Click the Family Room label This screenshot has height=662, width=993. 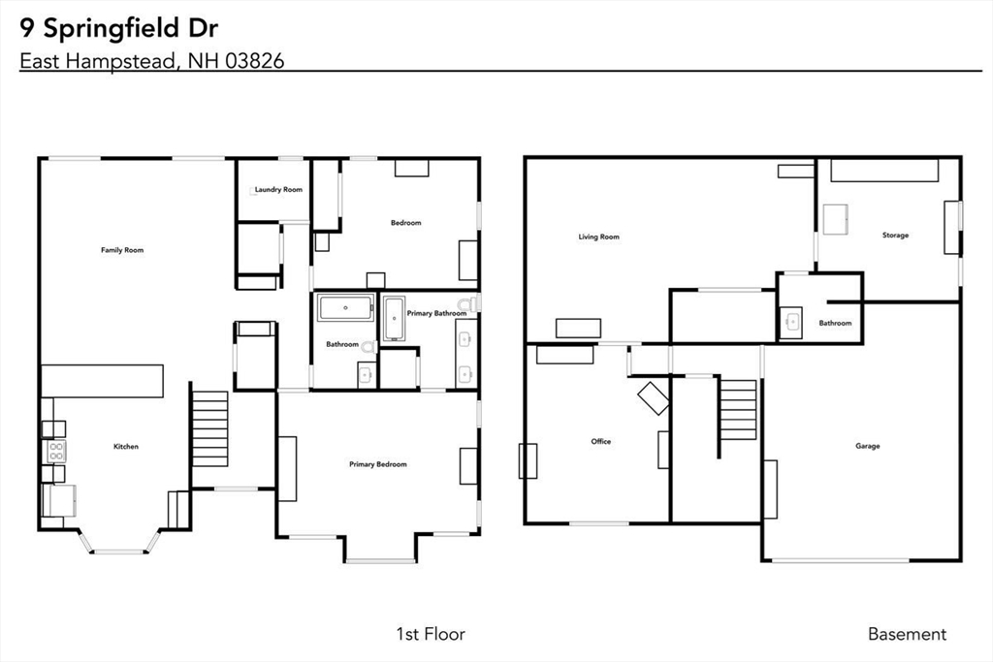click(x=122, y=250)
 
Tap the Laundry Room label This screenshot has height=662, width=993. click(x=278, y=189)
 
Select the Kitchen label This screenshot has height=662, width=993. click(x=125, y=446)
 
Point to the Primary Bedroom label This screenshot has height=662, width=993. click(x=378, y=464)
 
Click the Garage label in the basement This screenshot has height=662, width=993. click(x=868, y=446)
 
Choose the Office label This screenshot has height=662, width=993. click(x=601, y=441)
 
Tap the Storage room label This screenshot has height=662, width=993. click(x=895, y=235)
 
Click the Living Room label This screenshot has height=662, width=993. click(x=598, y=236)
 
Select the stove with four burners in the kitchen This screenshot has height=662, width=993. click(x=56, y=452)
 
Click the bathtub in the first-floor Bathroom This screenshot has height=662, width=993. click(x=345, y=308)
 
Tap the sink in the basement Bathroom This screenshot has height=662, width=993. click(x=791, y=323)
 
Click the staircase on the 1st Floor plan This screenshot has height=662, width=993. click(x=209, y=428)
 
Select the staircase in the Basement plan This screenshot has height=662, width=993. click(x=738, y=410)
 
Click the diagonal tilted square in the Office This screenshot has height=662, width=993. click(x=653, y=398)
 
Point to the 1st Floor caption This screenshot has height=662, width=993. click(x=431, y=634)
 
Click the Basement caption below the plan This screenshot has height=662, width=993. click(x=907, y=634)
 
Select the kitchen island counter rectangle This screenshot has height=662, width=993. click(x=103, y=381)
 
